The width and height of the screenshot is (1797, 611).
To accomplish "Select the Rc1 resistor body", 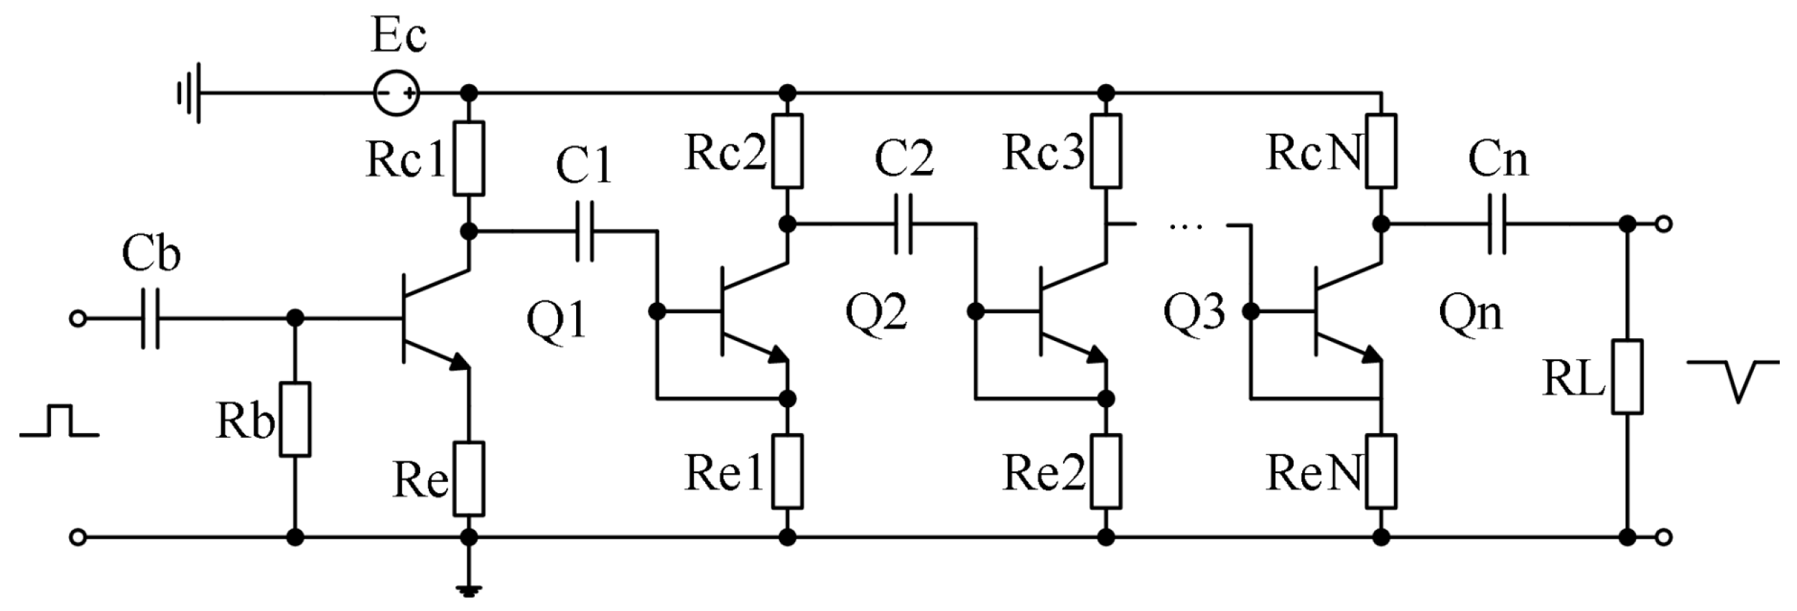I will [x=468, y=158].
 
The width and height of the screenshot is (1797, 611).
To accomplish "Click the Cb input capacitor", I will [x=150, y=318].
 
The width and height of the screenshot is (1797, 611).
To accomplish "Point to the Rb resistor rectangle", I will [x=294, y=419].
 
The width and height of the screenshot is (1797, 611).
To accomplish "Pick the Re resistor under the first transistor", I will [x=468, y=478].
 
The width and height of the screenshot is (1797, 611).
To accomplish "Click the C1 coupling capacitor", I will [x=585, y=231].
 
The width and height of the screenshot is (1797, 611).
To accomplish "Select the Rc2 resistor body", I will [x=788, y=151].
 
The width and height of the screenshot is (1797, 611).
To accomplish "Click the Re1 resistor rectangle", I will [x=788, y=471].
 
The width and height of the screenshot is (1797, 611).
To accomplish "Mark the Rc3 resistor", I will [x=1106, y=151].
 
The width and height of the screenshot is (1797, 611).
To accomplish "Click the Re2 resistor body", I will [x=1106, y=471].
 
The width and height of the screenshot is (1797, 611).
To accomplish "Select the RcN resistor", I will [x=1380, y=151].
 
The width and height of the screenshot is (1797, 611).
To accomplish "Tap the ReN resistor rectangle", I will [x=1380, y=471].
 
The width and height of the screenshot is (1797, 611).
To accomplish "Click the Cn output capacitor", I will [x=1497, y=224].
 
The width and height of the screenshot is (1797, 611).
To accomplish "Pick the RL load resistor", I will [x=1627, y=377].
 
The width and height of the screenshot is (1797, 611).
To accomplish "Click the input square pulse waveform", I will [x=60, y=421].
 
